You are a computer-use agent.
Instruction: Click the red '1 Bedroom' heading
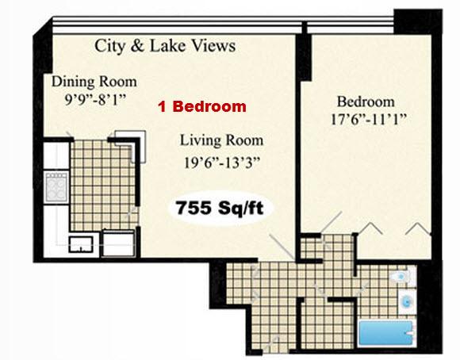202,106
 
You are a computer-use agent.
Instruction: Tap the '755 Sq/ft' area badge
220,208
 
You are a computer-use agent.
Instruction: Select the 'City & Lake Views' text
165,46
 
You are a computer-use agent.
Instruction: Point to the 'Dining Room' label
94,82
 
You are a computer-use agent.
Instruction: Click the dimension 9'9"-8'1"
95,100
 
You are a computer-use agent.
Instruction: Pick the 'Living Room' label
221,140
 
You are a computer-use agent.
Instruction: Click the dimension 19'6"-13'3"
222,163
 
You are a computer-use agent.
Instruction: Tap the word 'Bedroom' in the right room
366,101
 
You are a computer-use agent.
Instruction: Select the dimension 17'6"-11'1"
369,120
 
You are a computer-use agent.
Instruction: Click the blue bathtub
386,333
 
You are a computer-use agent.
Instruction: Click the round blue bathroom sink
407,301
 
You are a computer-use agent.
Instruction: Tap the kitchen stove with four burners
56,187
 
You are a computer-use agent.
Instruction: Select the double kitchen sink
81,244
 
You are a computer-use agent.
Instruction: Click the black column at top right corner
418,21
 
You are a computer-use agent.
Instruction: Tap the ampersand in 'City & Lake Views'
137,46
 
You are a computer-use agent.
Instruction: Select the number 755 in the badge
194,208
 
